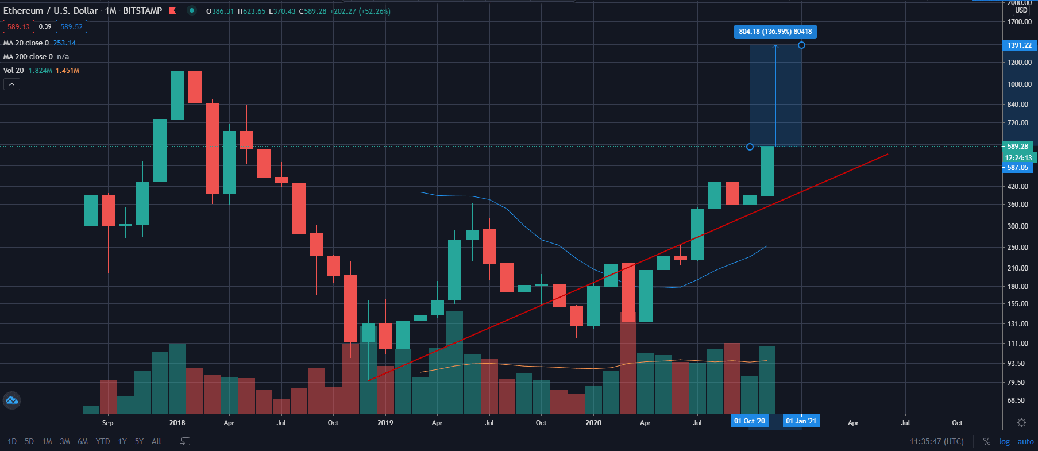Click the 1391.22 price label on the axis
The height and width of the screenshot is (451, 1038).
[1019, 45]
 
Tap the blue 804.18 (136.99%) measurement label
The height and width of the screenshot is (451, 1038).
[775, 32]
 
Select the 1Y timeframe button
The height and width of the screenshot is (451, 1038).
[122, 441]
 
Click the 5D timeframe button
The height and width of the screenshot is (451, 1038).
[29, 441]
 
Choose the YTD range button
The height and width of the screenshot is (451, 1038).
[103, 441]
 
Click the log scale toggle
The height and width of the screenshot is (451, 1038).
[1004, 441]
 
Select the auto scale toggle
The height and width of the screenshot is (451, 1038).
[1025, 441]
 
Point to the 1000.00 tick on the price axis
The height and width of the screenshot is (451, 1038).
[1019, 84]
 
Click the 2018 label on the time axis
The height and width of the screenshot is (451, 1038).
[177, 422]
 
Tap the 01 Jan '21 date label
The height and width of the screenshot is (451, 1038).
[801, 421]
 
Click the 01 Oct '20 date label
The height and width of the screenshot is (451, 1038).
[749, 421]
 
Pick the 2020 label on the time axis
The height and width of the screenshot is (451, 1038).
[593, 422]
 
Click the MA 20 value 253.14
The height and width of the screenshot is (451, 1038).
[64, 43]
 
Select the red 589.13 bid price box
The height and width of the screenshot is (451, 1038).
[18, 26]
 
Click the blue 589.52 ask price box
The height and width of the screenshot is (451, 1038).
[71, 26]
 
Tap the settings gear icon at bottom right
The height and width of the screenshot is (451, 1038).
[1021, 422]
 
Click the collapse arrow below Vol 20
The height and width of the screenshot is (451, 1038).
[11, 84]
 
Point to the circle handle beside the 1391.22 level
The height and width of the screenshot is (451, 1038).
[801, 45]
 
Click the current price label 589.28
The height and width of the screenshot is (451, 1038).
[1017, 146]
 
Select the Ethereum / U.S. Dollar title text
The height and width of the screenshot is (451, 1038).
[51, 11]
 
